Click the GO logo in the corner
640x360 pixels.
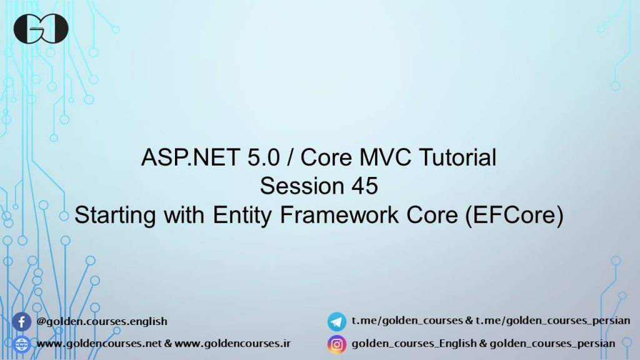[41, 29]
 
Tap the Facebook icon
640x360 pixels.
[22, 322]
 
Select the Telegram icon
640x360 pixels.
[337, 322]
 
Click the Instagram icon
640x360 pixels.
[337, 344]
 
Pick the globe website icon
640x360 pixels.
[22, 344]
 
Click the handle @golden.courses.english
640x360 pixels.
[102, 322]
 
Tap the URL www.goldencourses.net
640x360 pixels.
[99, 344]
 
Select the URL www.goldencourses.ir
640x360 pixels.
[232, 344]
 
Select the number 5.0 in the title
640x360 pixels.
[248, 158]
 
